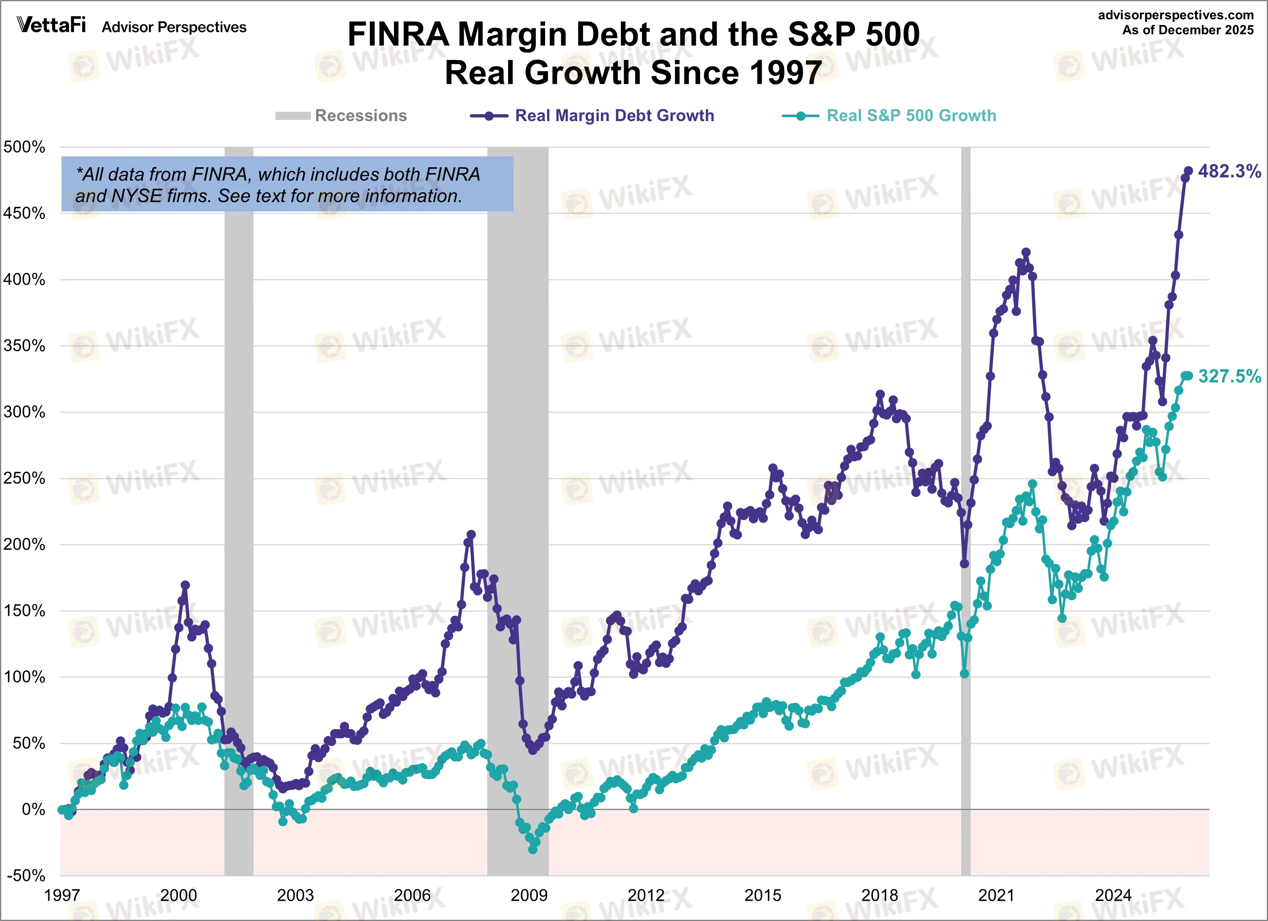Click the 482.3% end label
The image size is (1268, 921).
[x=1229, y=171]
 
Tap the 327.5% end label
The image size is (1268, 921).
[x=1229, y=376]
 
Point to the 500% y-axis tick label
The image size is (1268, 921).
[x=24, y=147]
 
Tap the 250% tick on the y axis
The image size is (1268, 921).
[x=24, y=478]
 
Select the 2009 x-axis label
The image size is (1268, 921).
[x=529, y=895]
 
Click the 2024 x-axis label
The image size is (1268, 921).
[x=1112, y=895]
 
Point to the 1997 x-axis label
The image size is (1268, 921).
[x=62, y=895]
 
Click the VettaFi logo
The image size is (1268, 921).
[x=51, y=25]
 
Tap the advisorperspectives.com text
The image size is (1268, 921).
[x=1176, y=15]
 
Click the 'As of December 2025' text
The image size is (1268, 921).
[x=1187, y=30]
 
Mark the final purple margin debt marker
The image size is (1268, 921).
[x=1188, y=171]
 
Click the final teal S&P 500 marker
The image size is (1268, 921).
[x=1188, y=376]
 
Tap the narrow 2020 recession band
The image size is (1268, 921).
[x=965, y=503]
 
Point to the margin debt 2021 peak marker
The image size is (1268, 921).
[x=1025, y=253]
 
